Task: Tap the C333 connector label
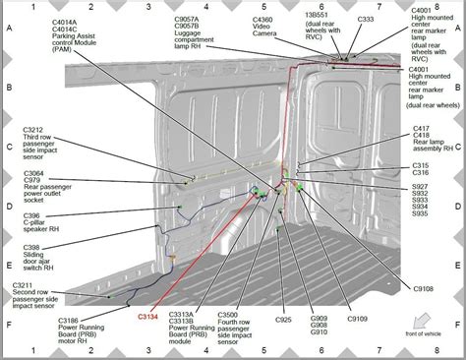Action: [366, 20]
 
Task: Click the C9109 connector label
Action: [354, 321]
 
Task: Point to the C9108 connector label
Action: [426, 290]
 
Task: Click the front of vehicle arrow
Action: [425, 321]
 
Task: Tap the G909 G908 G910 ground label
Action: [319, 329]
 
